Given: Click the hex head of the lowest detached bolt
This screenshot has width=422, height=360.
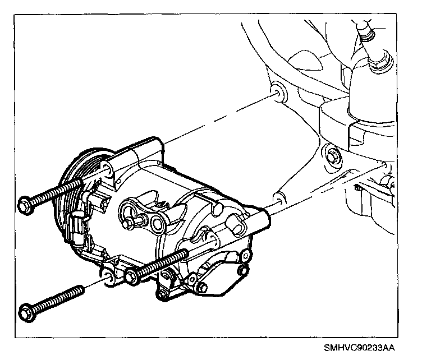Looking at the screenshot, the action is coord(25,310).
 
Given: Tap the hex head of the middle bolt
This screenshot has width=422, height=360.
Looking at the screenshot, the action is coord(131,275).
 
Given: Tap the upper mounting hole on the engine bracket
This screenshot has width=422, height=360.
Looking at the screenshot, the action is coord(277,93).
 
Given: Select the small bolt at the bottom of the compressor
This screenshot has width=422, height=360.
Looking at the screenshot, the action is coord(163,295).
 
